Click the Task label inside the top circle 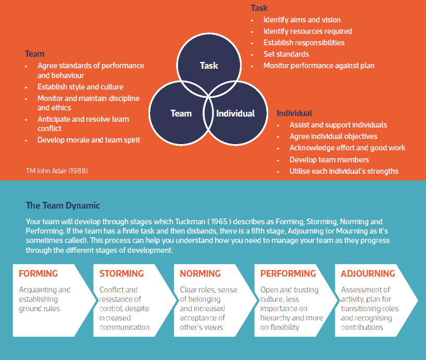coord(209,66)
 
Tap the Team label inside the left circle coord(181,113)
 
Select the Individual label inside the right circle coord(235,113)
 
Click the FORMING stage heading coord(38,274)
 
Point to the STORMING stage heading coord(121,274)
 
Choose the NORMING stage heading coord(200,274)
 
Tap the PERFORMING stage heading coord(288,274)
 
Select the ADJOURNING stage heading coord(368,274)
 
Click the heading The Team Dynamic coord(62,206)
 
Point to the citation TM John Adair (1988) coord(56,171)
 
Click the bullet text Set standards coord(286,54)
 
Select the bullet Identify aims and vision coord(302,20)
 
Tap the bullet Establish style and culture coord(80,87)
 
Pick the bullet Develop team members coord(329,160)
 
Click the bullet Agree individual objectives coord(333,136)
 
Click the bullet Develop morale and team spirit coord(89,140)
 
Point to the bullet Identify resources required coord(307,31)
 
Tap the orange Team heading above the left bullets coord(34,54)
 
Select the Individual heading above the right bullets coord(294,113)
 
